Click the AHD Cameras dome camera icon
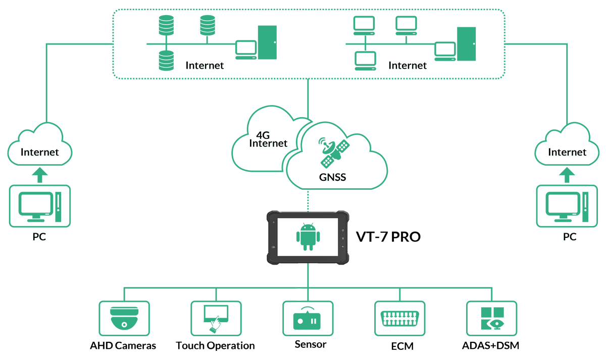coord(124,318)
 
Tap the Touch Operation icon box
coord(216,318)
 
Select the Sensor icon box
coord(308,318)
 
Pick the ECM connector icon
coord(399,318)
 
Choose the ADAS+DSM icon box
coord(491,318)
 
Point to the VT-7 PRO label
coord(388,236)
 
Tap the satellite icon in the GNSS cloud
coord(334,152)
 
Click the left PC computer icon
coord(39,206)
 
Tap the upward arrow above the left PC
coord(39,175)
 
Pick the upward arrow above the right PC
coord(567,175)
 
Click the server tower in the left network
coord(267,43)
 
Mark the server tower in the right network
coord(466,43)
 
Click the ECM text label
coord(402,346)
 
